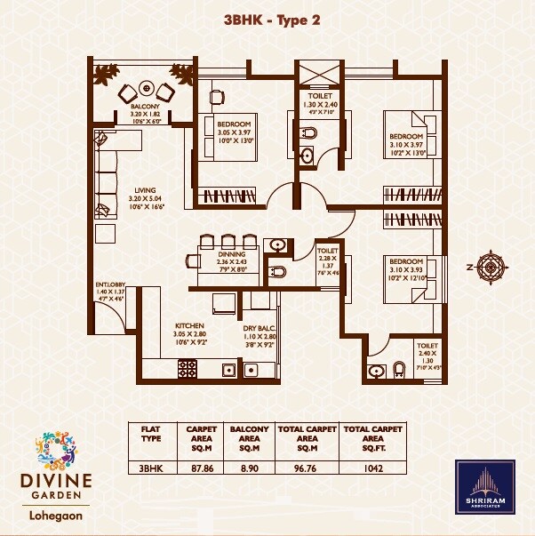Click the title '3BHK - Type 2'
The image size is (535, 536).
267,20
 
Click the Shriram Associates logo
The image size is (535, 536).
485,487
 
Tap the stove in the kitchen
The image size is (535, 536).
188,367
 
